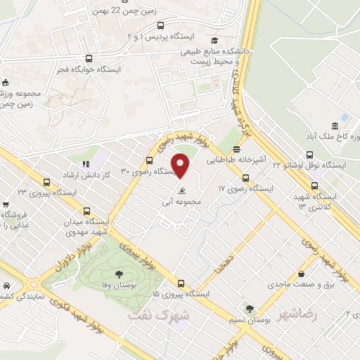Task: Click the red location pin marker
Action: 181,166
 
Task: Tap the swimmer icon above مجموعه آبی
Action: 182,191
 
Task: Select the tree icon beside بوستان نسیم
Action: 248,308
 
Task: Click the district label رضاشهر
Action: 299,314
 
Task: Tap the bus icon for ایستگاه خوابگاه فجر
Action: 89,59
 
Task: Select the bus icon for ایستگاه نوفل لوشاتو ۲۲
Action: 310,155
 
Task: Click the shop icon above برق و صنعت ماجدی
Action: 301,274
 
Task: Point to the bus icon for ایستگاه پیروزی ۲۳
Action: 46,181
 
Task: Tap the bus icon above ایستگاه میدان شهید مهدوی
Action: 87,210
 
